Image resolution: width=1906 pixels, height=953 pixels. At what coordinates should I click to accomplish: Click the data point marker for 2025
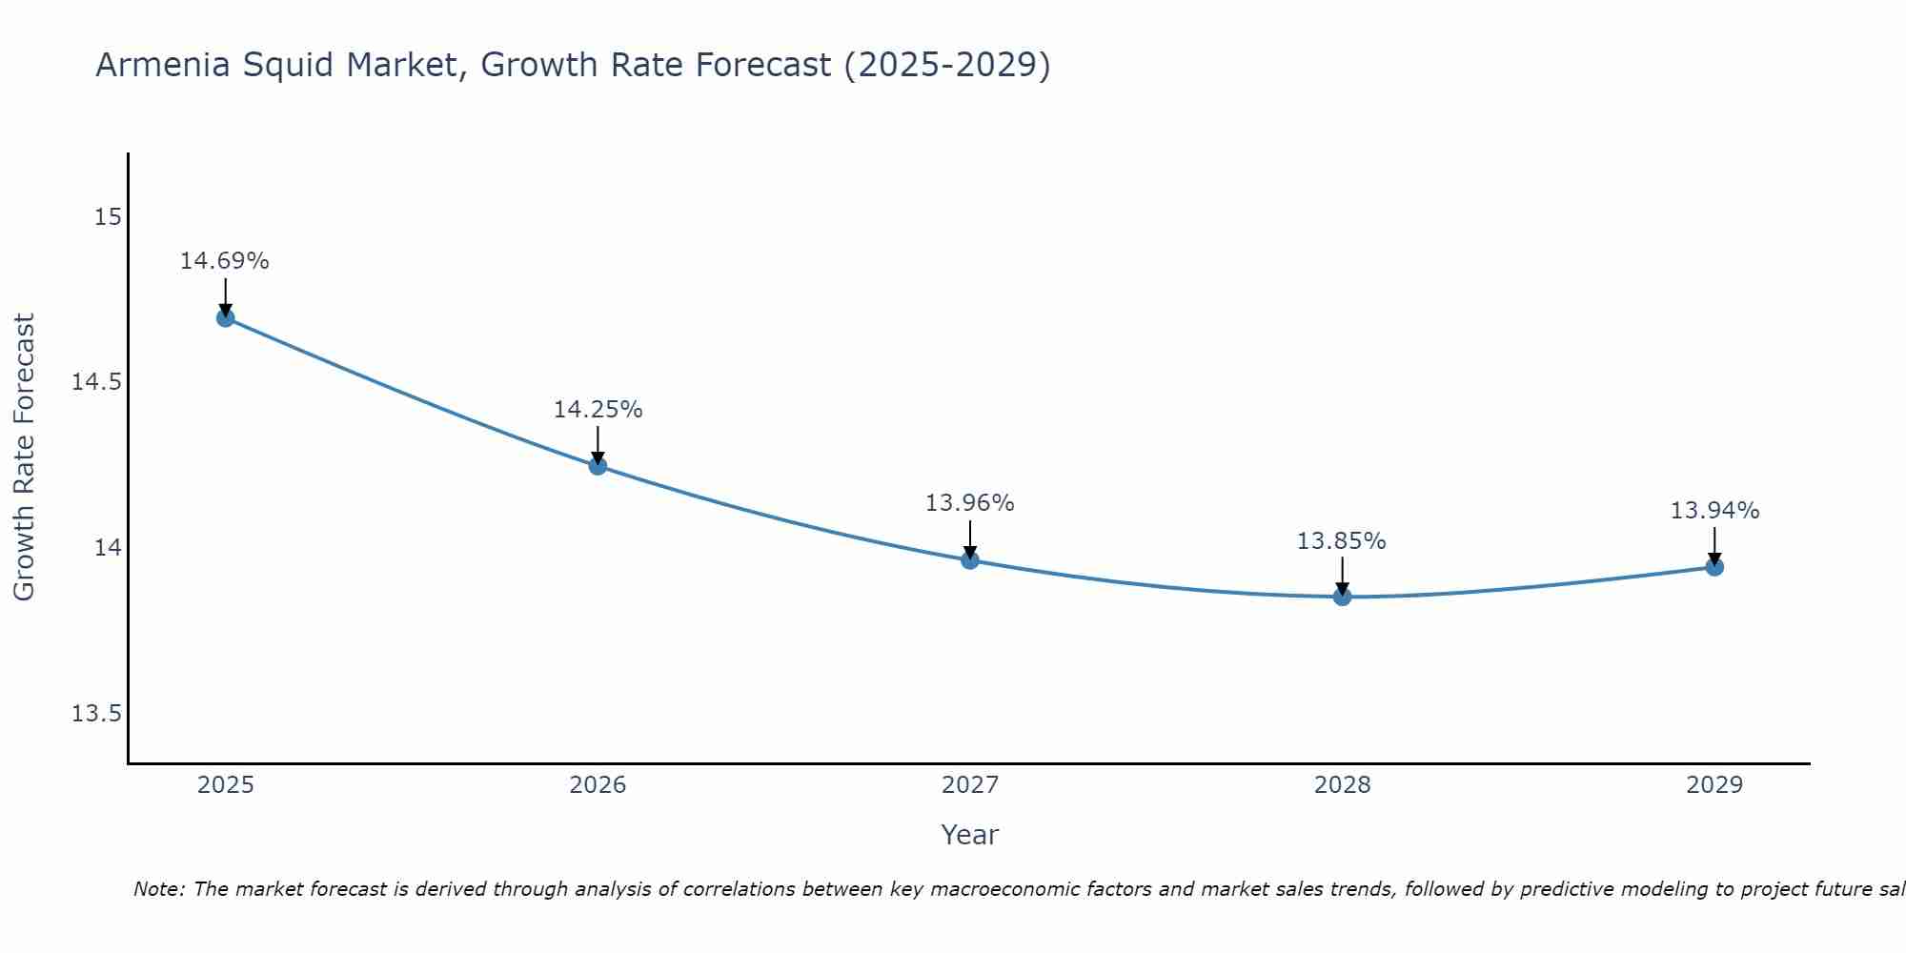pos(226,317)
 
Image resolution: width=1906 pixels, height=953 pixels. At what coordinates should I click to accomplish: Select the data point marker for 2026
pos(598,466)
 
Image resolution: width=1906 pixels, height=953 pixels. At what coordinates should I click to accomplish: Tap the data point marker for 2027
pos(970,559)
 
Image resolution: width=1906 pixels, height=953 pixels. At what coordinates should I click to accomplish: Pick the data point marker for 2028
pos(1342,597)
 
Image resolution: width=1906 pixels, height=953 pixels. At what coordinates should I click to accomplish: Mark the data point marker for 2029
pos(1714,567)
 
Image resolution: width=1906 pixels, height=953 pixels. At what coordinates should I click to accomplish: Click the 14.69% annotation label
pos(225,261)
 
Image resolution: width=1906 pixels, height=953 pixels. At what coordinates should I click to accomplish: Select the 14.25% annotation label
pos(598,410)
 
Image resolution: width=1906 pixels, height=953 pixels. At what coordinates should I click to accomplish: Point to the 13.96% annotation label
pos(969,503)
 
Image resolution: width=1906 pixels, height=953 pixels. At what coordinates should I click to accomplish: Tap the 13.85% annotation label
pos(1341,541)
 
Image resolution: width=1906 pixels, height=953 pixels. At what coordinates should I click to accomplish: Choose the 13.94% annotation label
pos(1714,511)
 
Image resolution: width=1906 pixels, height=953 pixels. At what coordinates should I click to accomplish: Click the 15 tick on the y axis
pos(108,217)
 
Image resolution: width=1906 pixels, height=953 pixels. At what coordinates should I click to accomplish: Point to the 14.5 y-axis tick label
pos(96,382)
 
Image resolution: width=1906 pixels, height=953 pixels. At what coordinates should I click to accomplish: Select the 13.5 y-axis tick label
pos(96,713)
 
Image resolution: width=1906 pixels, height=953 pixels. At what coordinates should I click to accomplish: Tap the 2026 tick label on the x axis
pos(598,785)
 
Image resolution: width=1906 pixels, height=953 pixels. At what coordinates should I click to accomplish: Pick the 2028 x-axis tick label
pos(1342,785)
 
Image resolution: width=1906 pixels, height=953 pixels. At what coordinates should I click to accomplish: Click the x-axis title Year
pos(969,835)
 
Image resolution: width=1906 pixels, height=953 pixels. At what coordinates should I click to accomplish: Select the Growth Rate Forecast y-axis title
pos(24,457)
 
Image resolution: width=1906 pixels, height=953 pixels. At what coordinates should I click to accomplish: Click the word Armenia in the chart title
pos(163,66)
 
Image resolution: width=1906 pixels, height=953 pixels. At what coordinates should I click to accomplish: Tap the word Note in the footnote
pos(157,889)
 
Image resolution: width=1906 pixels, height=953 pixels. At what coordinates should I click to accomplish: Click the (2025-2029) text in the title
pos(946,66)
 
